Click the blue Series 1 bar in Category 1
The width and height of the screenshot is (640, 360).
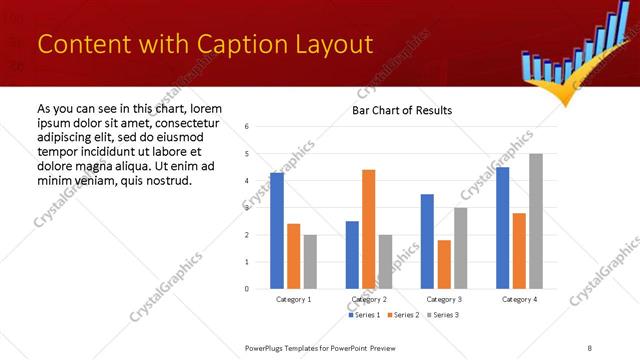pyautogui.click(x=277, y=231)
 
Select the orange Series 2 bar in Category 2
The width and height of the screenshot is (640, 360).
pyautogui.click(x=368, y=229)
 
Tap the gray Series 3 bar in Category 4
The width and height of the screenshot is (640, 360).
pyautogui.click(x=536, y=221)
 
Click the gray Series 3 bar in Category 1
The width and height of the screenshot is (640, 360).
pyautogui.click(x=310, y=262)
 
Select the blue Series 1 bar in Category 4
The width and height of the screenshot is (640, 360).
pyautogui.click(x=502, y=228)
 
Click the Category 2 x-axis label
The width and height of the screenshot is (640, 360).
pyautogui.click(x=369, y=299)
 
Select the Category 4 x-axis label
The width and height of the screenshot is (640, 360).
pyautogui.click(x=519, y=299)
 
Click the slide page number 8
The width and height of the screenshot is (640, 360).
pyautogui.click(x=590, y=346)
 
